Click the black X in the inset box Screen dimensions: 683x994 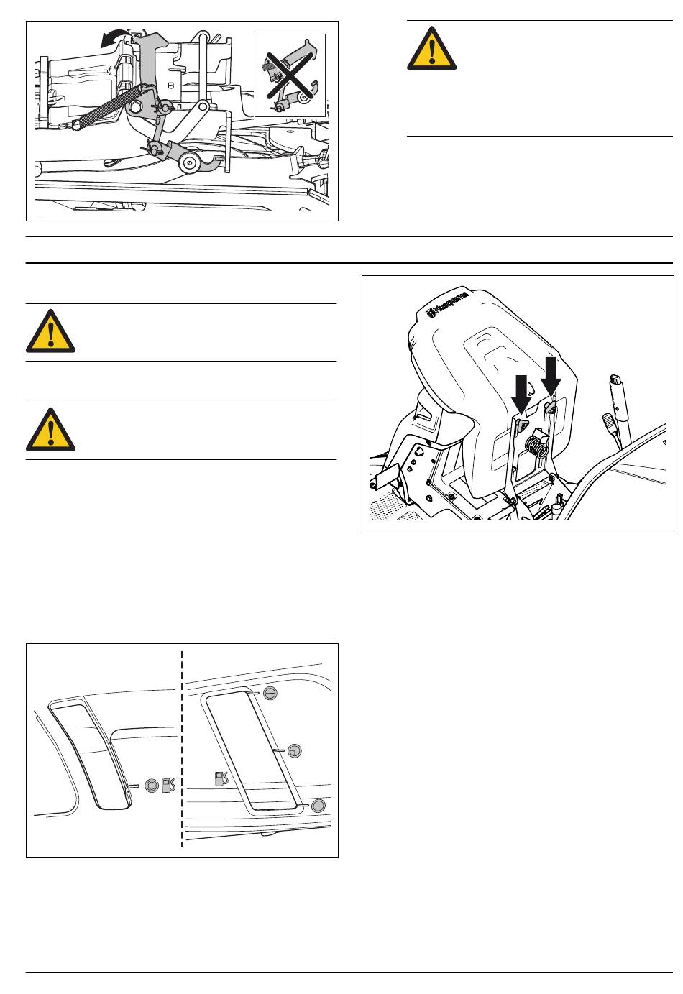pyautogui.click(x=289, y=75)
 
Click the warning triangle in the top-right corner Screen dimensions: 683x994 pyautogui.click(x=431, y=49)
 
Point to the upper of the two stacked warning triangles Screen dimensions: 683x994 pyautogui.click(x=50, y=331)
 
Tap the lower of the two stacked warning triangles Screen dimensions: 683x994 pyautogui.click(x=50, y=430)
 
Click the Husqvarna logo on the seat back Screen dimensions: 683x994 pyautogui.click(x=448, y=303)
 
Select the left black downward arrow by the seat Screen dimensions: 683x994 pyautogui.click(x=521, y=395)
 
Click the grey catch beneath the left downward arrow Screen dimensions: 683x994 pyautogui.click(x=522, y=423)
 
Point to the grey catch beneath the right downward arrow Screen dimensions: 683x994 pyautogui.click(x=551, y=405)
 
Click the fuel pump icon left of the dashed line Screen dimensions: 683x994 pyautogui.click(x=168, y=786)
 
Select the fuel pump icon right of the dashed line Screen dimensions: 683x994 pyautogui.click(x=221, y=779)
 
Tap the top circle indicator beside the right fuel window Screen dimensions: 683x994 pyautogui.click(x=270, y=693)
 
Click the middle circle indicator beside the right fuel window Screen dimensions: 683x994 pyautogui.click(x=295, y=751)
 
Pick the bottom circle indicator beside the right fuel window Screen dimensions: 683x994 pyautogui.click(x=318, y=806)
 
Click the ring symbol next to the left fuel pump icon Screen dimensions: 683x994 pyautogui.click(x=152, y=785)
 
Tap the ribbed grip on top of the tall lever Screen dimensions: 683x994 pyautogui.click(x=615, y=379)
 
